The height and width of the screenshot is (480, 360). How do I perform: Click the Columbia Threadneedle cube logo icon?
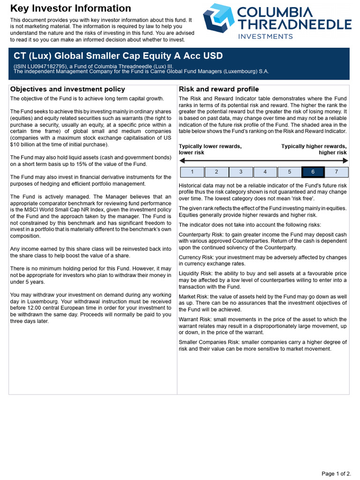[x=218, y=19]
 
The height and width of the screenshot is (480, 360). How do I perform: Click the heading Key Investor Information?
[x=71, y=8]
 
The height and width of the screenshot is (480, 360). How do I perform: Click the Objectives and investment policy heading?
[x=67, y=89]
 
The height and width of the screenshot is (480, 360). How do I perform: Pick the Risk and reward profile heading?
[x=219, y=89]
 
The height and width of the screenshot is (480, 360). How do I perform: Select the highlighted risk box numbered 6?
[x=313, y=172]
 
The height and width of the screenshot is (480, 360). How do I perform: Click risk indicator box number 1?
[x=192, y=172]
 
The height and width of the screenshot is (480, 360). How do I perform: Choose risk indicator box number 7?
[x=336, y=172]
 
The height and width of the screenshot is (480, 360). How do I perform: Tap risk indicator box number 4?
[x=265, y=172]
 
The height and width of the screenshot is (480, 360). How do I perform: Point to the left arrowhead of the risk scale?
[x=182, y=161]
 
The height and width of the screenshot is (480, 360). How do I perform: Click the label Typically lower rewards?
[x=210, y=146]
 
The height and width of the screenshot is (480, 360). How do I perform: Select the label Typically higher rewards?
[x=314, y=146]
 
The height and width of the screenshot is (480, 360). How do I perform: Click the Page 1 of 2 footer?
[x=336, y=473]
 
